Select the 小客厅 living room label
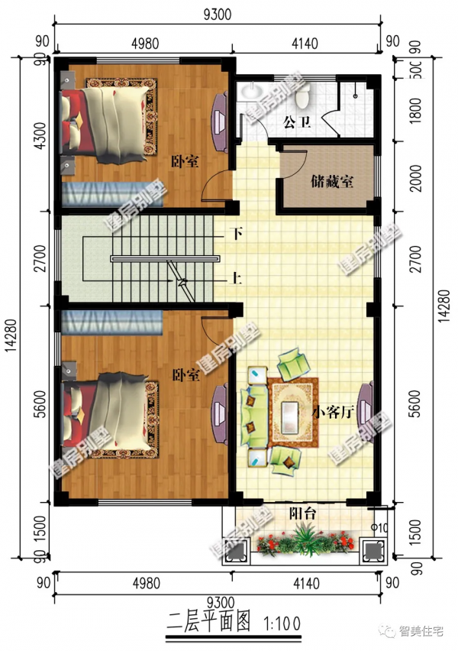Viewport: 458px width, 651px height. coord(334,412)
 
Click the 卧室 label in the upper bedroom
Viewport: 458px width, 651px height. coord(185,161)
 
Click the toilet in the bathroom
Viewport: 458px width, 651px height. coord(303,96)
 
